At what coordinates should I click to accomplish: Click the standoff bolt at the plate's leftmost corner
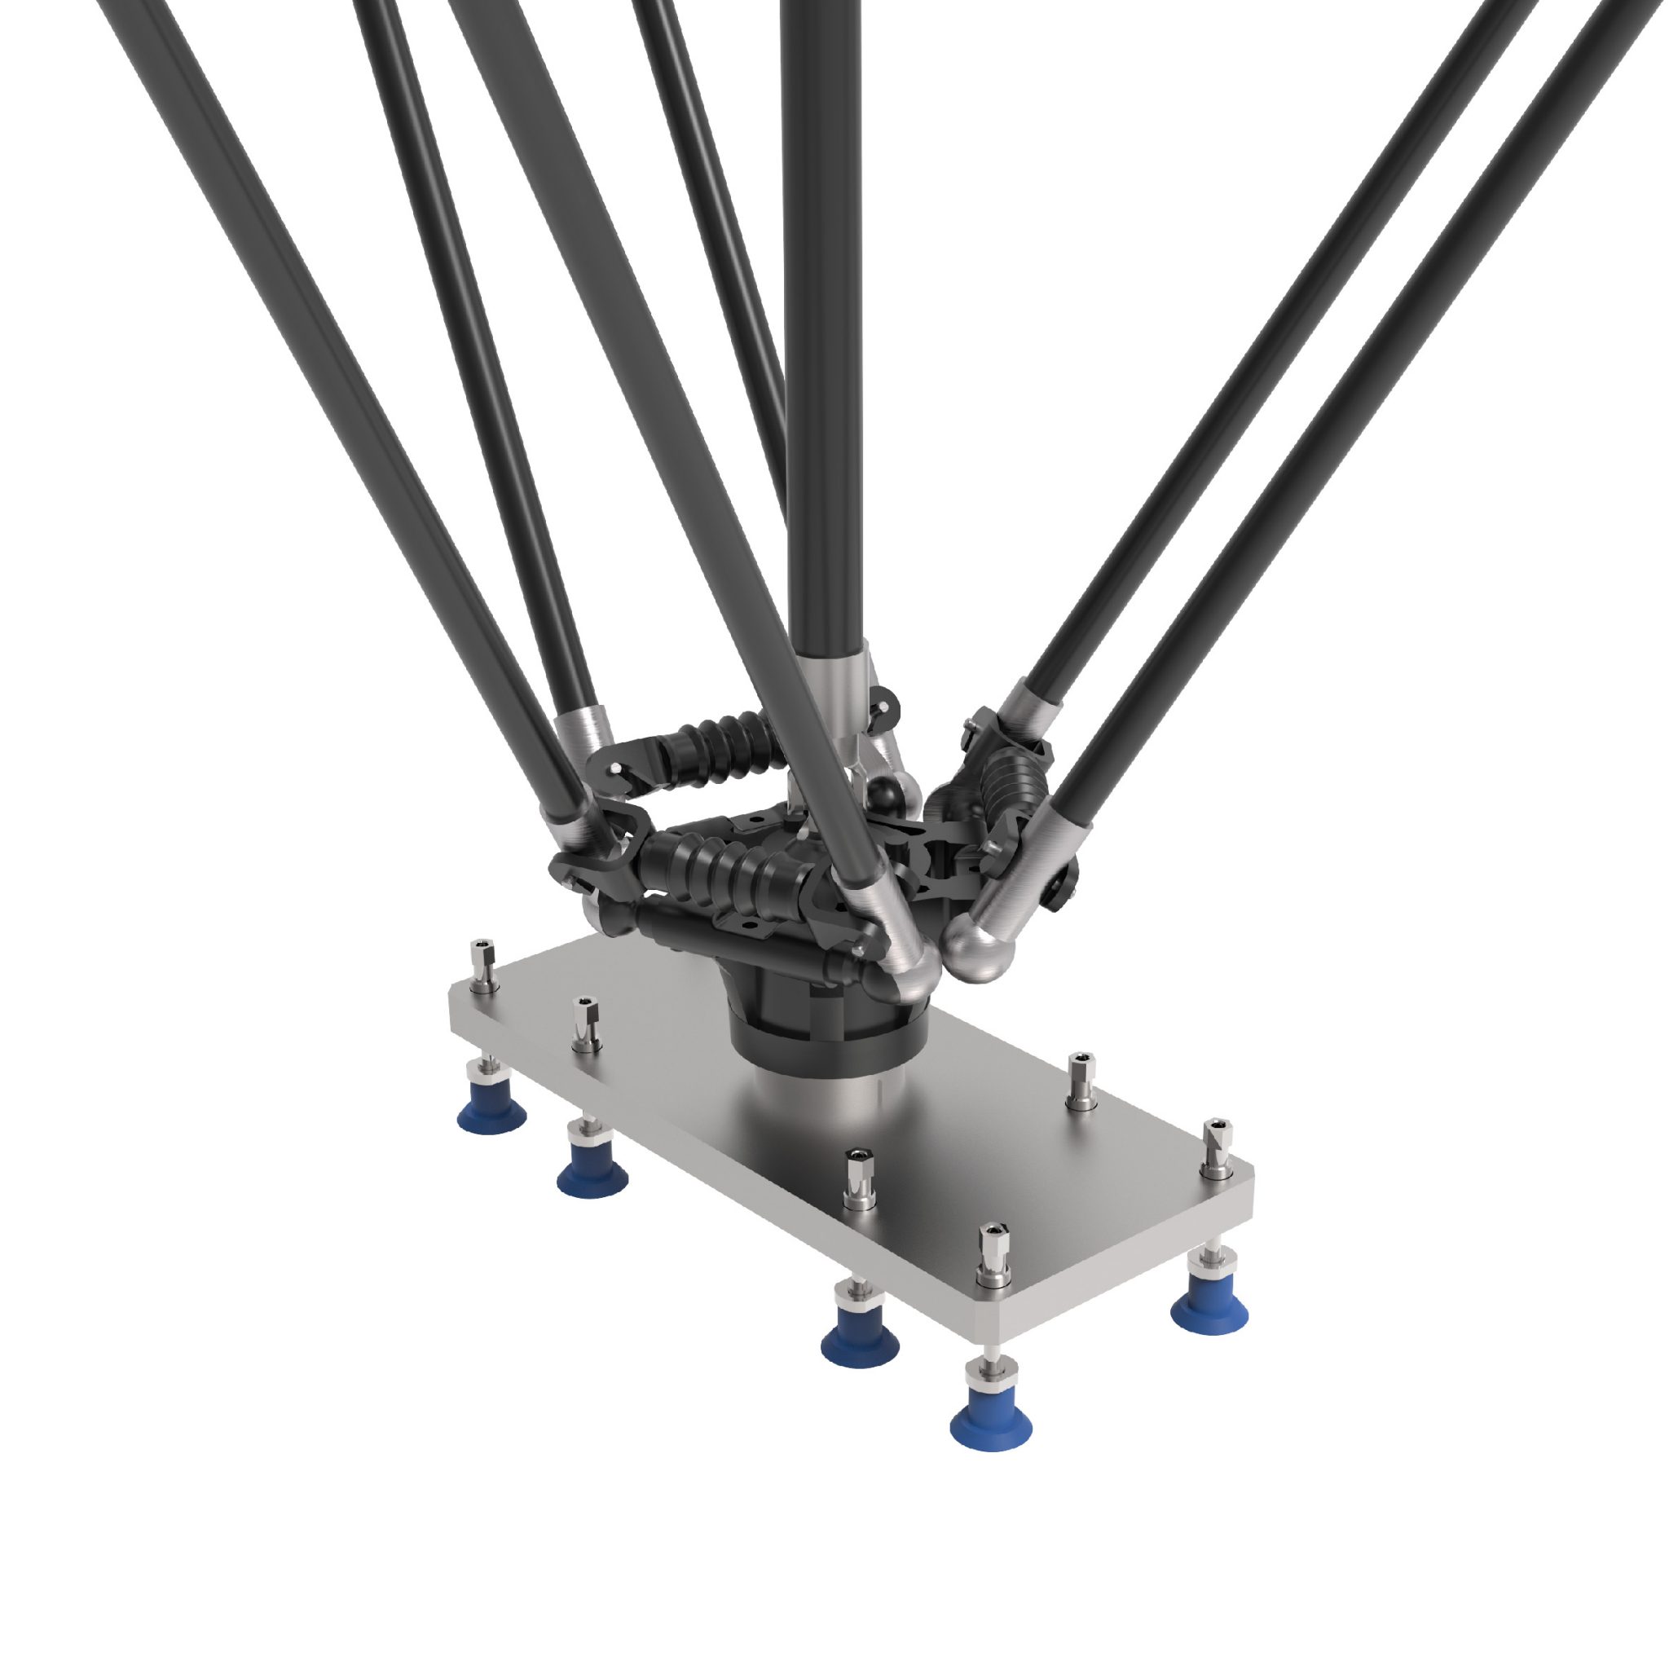(483, 967)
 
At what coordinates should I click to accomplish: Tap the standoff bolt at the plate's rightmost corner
(1218, 1148)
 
